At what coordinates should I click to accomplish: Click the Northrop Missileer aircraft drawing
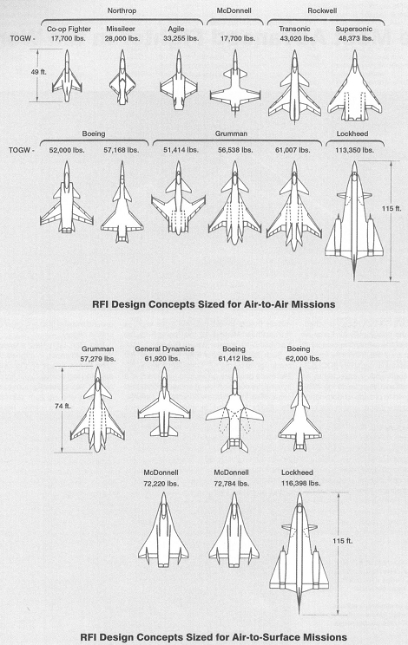(x=122, y=77)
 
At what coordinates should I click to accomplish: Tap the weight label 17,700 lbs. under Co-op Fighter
(x=69, y=39)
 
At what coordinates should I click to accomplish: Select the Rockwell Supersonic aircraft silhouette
(x=354, y=86)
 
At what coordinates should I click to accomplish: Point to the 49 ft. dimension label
(x=39, y=72)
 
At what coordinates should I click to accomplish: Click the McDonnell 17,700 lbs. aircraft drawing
(x=235, y=82)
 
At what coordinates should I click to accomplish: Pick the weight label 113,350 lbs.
(x=354, y=150)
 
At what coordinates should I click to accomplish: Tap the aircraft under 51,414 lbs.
(x=178, y=199)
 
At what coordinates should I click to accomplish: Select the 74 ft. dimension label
(x=63, y=406)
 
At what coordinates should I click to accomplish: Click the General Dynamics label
(x=164, y=349)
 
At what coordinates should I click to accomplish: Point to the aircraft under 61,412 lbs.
(x=234, y=410)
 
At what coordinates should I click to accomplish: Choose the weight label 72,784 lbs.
(x=232, y=484)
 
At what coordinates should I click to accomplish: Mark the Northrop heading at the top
(x=122, y=10)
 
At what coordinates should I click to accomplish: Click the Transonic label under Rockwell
(x=294, y=29)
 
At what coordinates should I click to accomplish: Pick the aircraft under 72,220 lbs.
(x=163, y=530)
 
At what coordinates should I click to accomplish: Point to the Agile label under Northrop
(x=176, y=29)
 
